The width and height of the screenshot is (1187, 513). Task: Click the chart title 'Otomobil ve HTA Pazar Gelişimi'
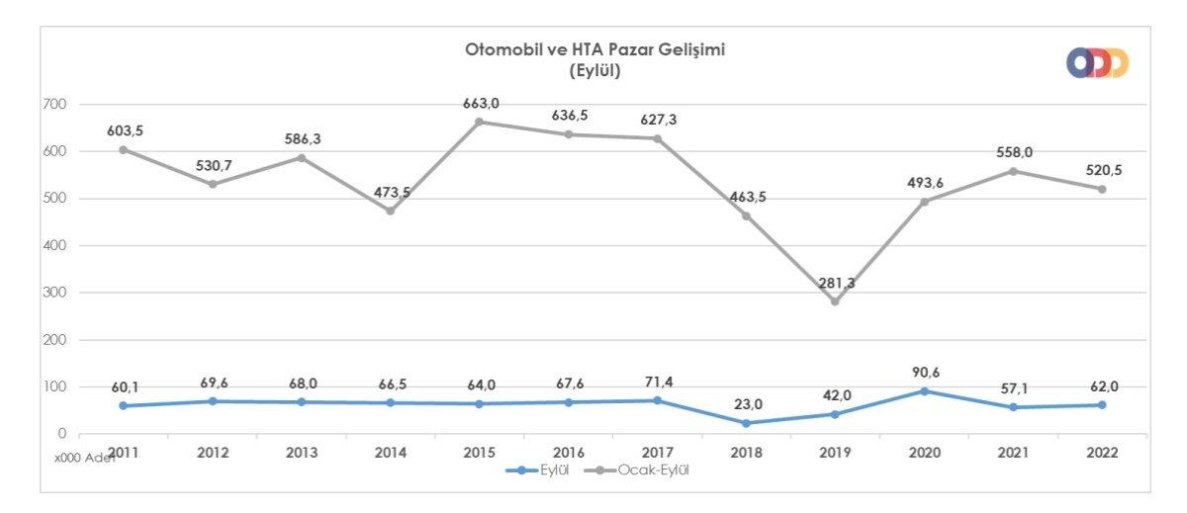coord(595,49)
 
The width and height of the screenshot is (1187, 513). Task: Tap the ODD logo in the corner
coord(1097,63)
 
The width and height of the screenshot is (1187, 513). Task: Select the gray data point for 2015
coord(480,122)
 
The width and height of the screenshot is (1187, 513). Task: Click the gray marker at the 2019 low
coord(835,301)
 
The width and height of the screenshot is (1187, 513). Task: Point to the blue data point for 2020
coord(924,391)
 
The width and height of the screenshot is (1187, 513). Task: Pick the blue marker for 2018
coord(746,423)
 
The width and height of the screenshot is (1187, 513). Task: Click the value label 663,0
coord(480,103)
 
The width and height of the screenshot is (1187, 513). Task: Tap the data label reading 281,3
coord(835,283)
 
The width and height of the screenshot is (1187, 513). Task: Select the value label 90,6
coord(924,373)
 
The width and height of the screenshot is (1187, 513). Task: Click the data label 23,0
coord(746,404)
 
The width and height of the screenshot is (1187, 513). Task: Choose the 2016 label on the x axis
coord(569,453)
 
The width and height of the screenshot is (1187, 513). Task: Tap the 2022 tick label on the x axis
coord(1101,453)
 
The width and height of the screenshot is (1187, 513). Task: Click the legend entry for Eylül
coord(540,470)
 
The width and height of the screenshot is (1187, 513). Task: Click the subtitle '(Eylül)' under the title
coord(595,70)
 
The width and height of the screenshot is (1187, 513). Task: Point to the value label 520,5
coord(1101,170)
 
